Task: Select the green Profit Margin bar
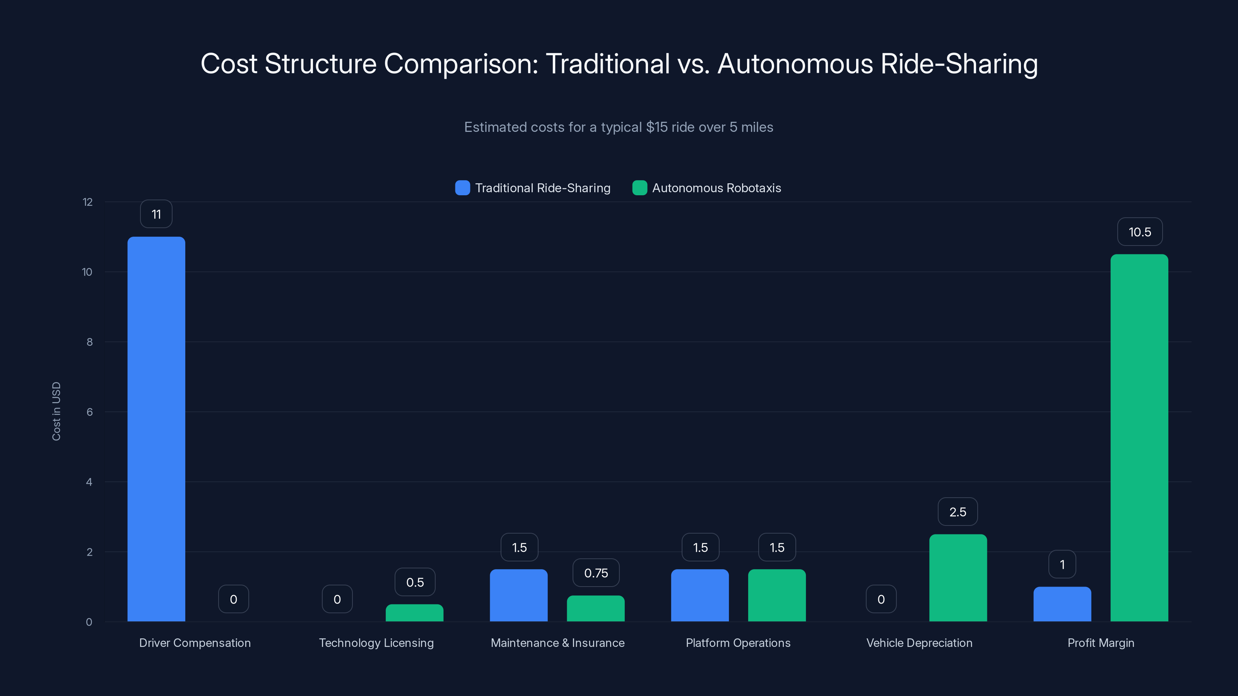pos(1139,437)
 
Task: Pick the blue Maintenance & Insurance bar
pos(518,595)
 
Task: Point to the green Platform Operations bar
pos(776,595)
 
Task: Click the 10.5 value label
pos(1139,232)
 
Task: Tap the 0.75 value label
pos(596,573)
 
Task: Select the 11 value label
pos(156,214)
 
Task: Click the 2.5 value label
pos(958,512)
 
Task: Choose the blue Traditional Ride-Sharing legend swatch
pos(462,188)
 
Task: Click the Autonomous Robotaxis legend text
pos(716,188)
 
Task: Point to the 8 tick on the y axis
pos(89,342)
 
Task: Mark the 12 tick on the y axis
pos(87,202)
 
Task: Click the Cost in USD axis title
pos(56,411)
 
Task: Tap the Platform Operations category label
pos(738,643)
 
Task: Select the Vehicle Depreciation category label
pos(919,643)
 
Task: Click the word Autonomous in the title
pos(795,64)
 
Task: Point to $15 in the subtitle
pos(657,127)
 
